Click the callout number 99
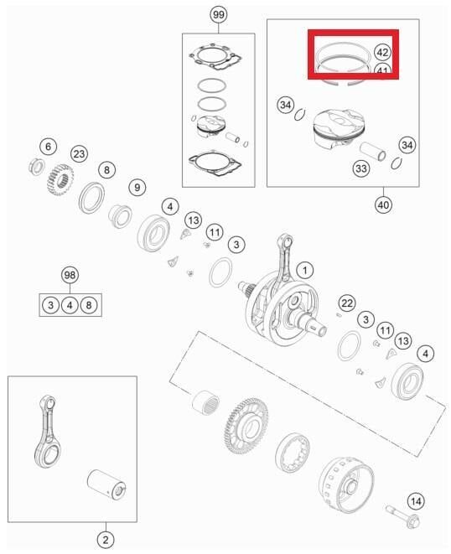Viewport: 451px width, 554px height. [x=218, y=16]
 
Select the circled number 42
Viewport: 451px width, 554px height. [x=381, y=52]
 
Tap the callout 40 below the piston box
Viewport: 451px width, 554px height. [x=385, y=204]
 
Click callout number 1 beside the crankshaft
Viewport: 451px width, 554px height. [x=306, y=270]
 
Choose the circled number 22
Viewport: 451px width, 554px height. [x=347, y=302]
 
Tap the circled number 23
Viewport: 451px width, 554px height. [x=79, y=153]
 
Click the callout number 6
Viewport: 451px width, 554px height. [x=48, y=147]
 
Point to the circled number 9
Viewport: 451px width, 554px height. [x=137, y=187]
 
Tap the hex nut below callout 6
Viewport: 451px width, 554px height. [x=36, y=163]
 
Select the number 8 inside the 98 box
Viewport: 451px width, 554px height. [x=90, y=304]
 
